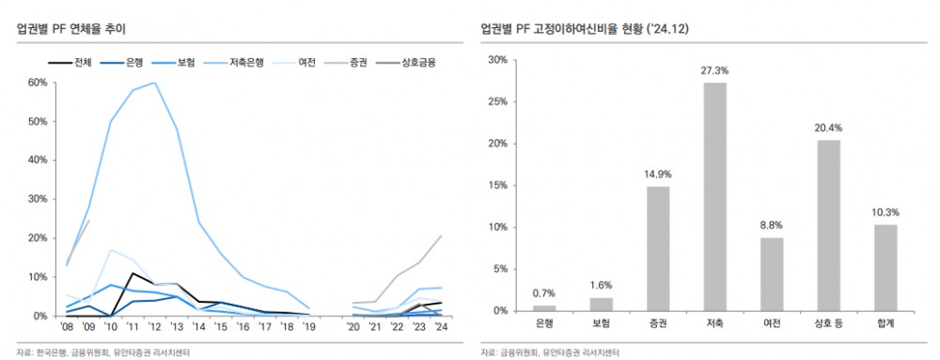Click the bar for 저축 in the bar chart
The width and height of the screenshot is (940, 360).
[x=714, y=196]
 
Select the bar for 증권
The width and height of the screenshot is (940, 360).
[x=658, y=248]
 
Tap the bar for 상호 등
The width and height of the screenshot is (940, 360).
[x=828, y=226]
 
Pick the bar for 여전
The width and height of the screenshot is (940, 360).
[x=771, y=274]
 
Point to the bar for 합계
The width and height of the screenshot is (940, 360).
[x=885, y=267]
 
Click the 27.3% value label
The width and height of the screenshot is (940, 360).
[x=714, y=70]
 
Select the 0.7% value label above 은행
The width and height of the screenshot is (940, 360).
[x=544, y=293]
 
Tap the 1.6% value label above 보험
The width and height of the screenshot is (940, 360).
[x=601, y=286]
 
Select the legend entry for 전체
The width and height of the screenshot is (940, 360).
[x=70, y=63]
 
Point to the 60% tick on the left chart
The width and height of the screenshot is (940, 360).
[x=37, y=83]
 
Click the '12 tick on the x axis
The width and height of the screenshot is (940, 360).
[x=154, y=327]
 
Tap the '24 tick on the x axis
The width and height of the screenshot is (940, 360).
[x=441, y=327]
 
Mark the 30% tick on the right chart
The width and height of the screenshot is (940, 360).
[x=497, y=60]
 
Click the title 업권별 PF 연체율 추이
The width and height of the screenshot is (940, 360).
[x=71, y=29]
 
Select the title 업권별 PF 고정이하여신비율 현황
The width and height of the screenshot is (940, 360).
[x=583, y=29]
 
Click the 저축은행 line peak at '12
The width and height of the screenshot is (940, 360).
[x=154, y=83]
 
